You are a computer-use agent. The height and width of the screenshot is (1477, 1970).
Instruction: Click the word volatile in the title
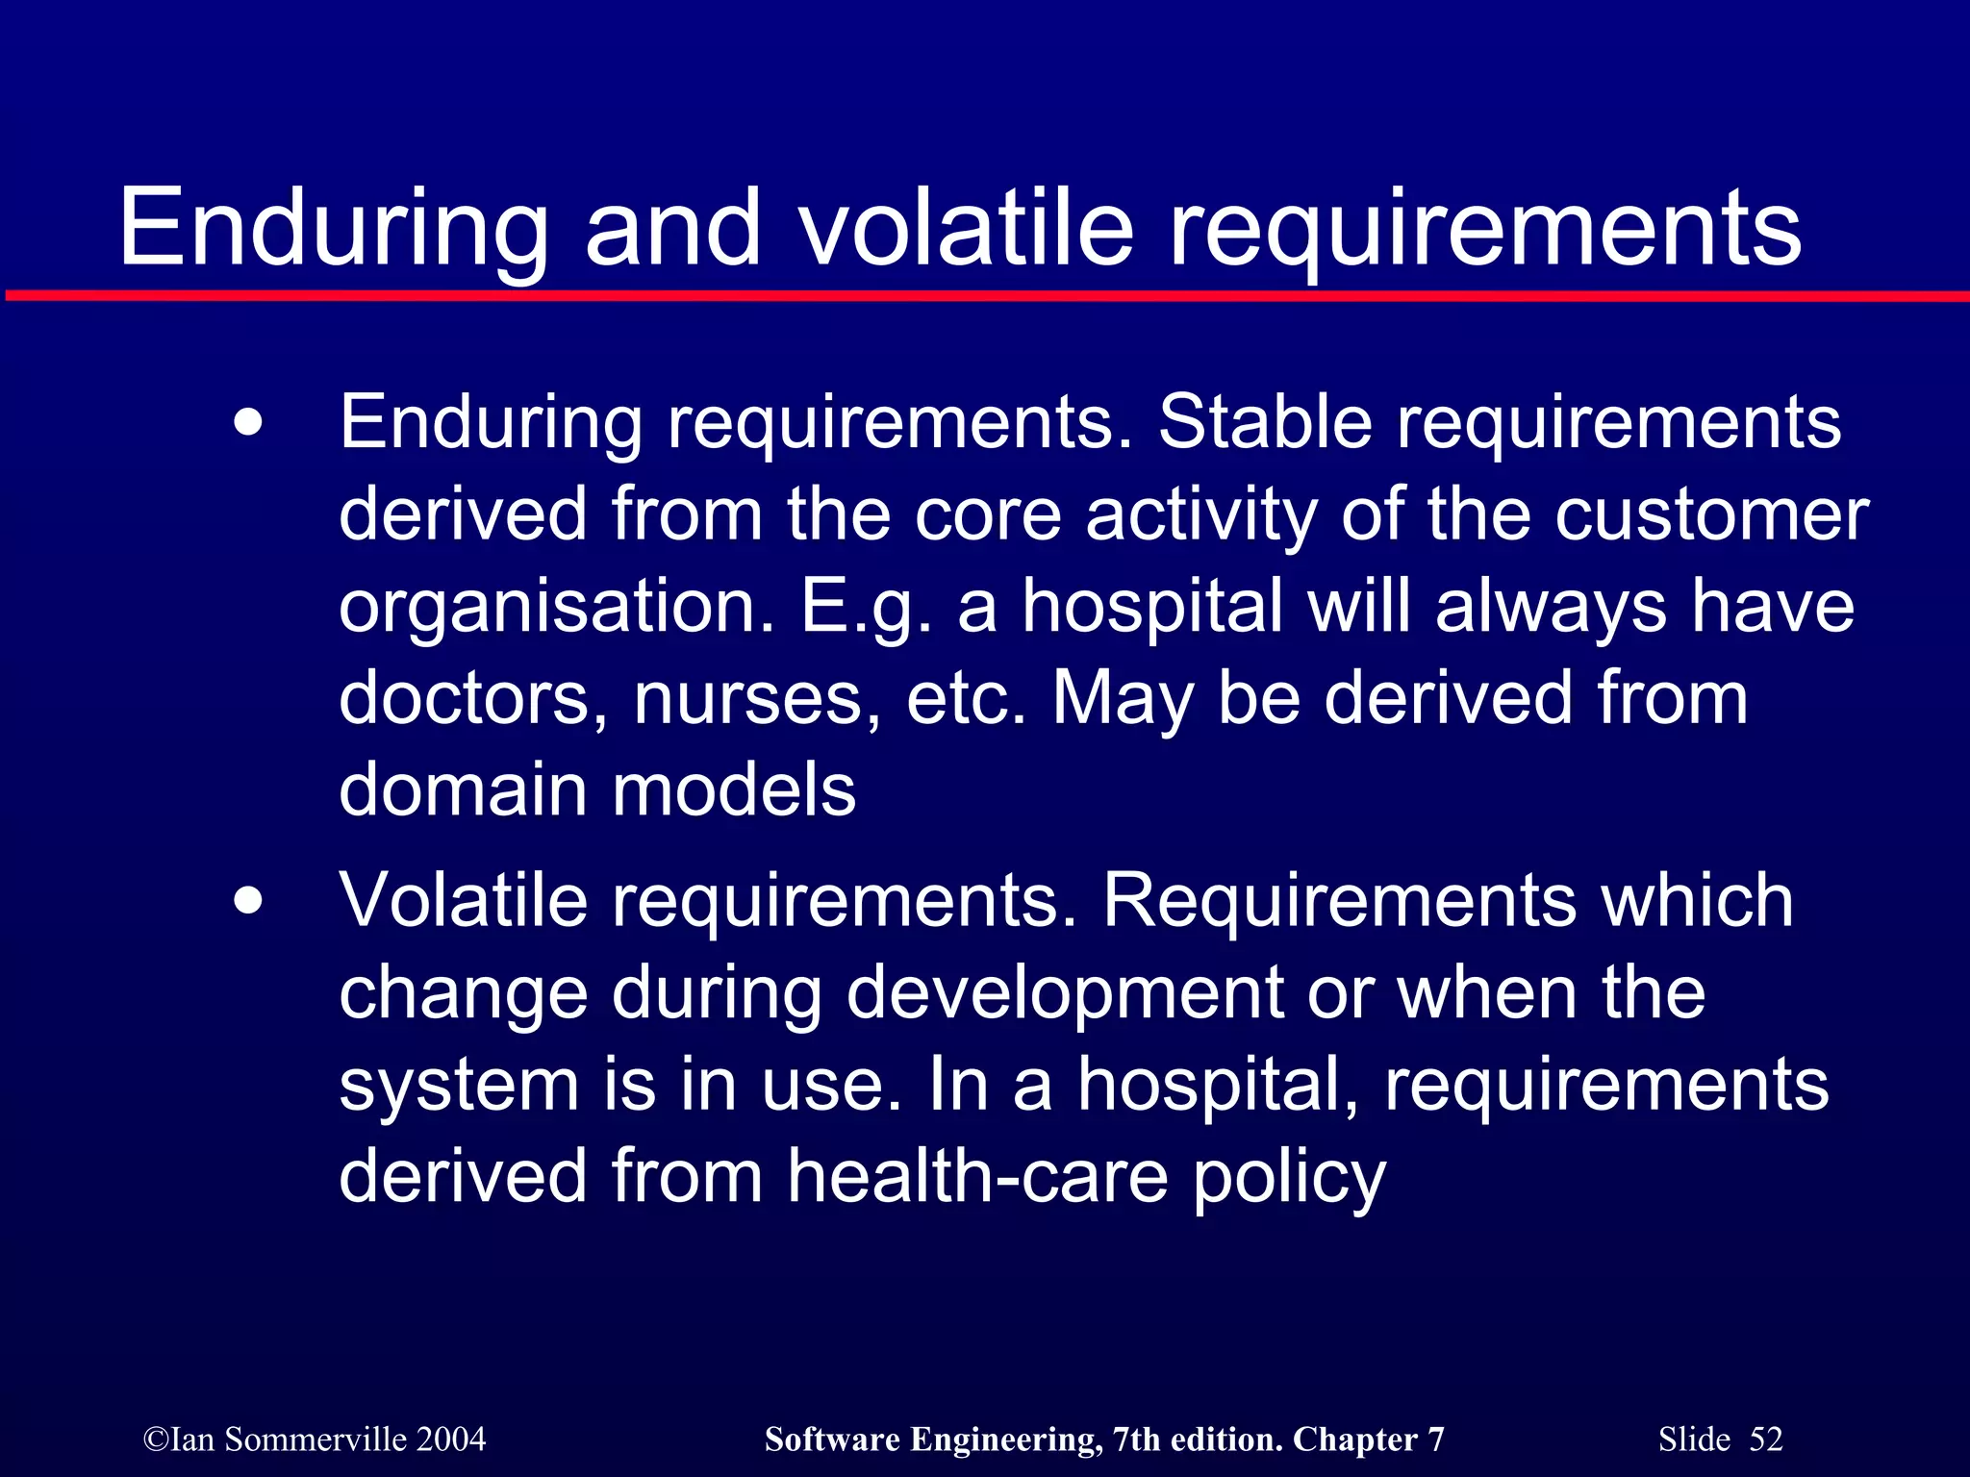tap(967, 229)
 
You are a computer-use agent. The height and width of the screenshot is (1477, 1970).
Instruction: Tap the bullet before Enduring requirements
tap(248, 423)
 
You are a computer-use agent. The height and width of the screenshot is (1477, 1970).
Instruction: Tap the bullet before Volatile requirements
tap(248, 901)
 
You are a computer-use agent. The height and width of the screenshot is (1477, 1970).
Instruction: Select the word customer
tap(1711, 514)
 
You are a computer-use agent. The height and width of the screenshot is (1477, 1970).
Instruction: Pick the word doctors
tap(472, 699)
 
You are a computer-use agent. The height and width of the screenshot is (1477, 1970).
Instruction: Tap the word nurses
tap(756, 699)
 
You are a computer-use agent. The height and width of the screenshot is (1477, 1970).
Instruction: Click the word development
tap(1064, 995)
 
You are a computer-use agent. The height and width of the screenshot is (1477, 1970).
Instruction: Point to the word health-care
tap(977, 1176)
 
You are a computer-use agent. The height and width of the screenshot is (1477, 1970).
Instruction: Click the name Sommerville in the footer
tap(316, 1439)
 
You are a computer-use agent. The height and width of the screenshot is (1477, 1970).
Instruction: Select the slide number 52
tap(1766, 1439)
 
